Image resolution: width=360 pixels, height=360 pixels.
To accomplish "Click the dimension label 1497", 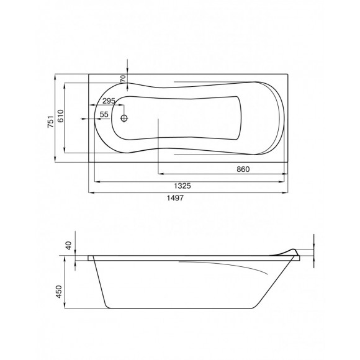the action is coord(175,198).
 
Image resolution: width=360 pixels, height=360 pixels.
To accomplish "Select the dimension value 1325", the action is coord(182,186).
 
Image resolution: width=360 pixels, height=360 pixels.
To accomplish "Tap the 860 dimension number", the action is coord(243,169).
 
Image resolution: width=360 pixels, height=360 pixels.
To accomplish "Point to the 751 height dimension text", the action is coord(50,122).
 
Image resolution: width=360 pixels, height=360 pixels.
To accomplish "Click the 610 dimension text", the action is coord(60,116).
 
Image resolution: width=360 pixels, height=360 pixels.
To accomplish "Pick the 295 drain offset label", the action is coord(109,101).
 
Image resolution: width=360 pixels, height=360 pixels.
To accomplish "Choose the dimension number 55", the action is coord(104,114).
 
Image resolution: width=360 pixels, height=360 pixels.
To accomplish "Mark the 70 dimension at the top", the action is coord(124,79).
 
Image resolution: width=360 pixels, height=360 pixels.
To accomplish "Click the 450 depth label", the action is coord(59,292).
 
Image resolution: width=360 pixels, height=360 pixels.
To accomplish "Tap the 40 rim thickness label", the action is coord(69,246).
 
